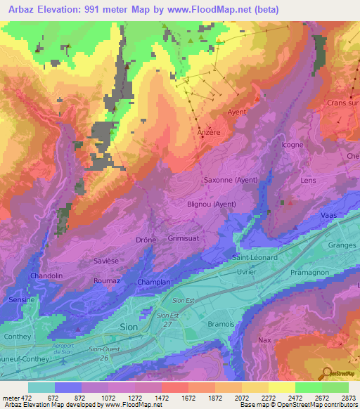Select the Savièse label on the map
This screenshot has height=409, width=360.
tap(106, 260)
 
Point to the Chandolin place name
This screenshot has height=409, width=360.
tap(46, 276)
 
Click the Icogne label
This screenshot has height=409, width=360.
tap(292, 145)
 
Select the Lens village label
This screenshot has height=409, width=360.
tap(309, 180)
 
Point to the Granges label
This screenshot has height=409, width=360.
tap(342, 245)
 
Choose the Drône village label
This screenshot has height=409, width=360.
tap(146, 240)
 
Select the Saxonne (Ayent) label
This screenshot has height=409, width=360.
tap(231, 180)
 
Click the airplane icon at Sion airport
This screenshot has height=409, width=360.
tap(65, 361)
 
